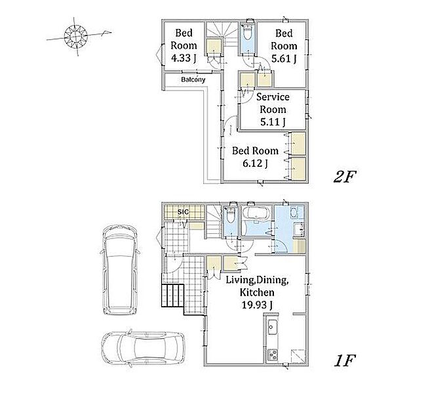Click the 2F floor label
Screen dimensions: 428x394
tap(345, 177)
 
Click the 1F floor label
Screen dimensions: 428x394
tap(345, 361)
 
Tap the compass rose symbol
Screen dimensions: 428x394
tap(75, 36)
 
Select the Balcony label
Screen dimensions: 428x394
tap(193, 80)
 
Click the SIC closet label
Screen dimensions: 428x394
tap(183, 211)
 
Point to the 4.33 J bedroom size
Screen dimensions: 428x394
tap(183, 58)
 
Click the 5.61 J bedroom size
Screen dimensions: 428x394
tap(284, 58)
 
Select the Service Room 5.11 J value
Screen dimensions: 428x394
tap(273, 122)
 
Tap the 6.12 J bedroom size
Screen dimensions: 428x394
tap(255, 164)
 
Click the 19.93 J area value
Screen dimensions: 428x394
tap(257, 304)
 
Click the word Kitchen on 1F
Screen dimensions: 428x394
tap(257, 292)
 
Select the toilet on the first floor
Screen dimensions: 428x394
tap(231, 216)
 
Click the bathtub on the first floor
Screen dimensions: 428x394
tap(256, 213)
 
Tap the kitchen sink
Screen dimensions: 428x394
tap(272, 326)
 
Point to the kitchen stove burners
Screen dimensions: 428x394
tap(273, 355)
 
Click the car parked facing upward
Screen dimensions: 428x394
tap(120, 270)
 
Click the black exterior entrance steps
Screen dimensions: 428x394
tap(173, 295)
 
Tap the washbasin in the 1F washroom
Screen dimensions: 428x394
tap(294, 213)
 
